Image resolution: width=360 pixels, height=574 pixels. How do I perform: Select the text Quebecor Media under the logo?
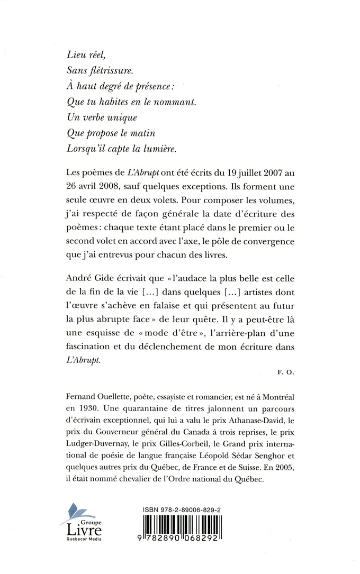coord(77,539)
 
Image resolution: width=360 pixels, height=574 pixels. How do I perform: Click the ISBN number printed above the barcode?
coord(182,510)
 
